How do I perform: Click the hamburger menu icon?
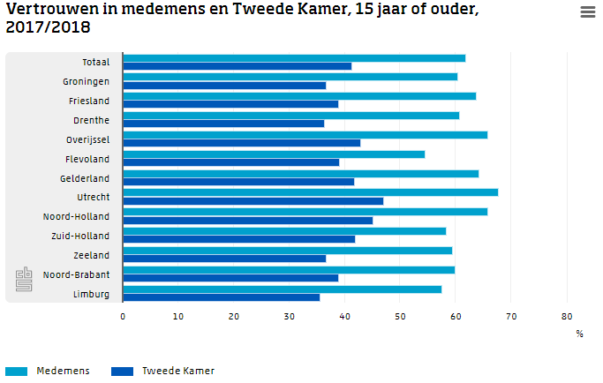(588, 11)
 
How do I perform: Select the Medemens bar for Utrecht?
(310, 191)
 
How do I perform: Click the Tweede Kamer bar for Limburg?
(221, 297)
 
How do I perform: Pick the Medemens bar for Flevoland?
(274, 154)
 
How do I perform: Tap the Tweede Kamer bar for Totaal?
(237, 66)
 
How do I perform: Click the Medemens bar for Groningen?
(290, 76)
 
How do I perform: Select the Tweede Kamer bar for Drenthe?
(223, 124)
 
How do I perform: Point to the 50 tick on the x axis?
(400, 316)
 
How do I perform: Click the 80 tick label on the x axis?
(567, 316)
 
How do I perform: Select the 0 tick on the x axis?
(123, 316)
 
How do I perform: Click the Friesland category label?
(89, 101)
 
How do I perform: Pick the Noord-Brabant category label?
(77, 274)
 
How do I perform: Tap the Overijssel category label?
(87, 139)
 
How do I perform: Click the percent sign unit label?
(579, 334)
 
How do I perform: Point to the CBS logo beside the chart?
(23, 280)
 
